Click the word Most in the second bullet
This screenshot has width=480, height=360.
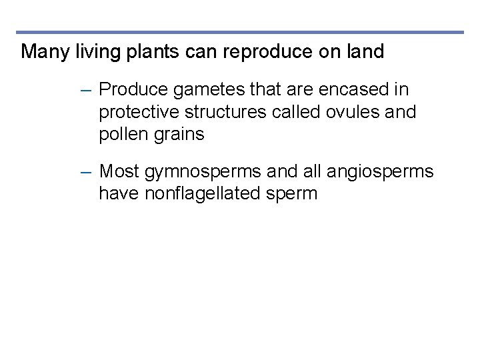pos(119,172)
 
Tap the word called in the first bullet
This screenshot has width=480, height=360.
pos(297,112)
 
